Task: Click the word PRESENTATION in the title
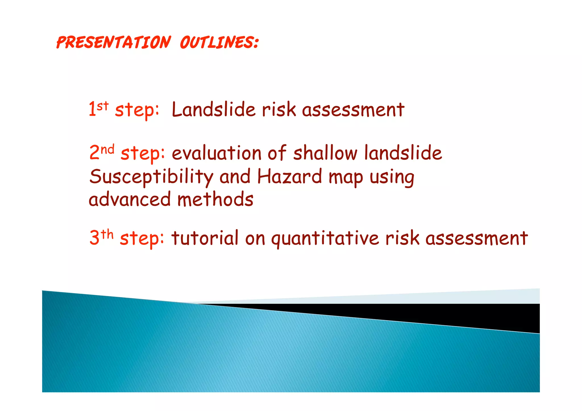[114, 43]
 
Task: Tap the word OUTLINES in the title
[219, 43]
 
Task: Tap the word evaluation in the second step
[216, 153]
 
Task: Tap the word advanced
[129, 199]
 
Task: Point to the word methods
[215, 199]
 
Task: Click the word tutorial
[205, 238]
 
